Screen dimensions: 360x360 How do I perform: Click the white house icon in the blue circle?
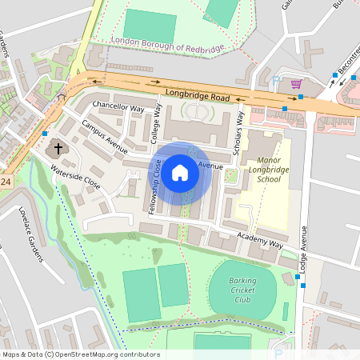[x=180, y=171]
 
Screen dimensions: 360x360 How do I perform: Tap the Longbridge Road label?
[x=198, y=96]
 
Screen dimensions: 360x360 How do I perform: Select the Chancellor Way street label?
[x=118, y=106]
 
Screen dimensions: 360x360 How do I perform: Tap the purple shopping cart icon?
[x=296, y=84]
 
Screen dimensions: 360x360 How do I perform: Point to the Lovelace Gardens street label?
[x=30, y=234]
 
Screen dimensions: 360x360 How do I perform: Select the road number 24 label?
[x=6, y=183]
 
